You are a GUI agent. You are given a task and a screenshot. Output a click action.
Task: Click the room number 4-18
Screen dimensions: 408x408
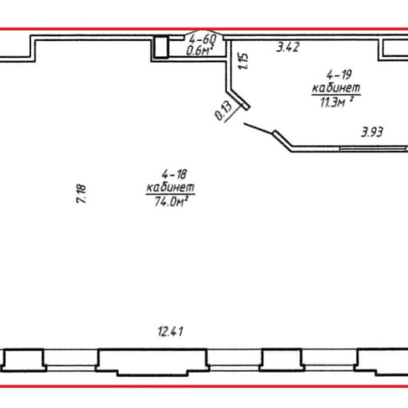[175, 174]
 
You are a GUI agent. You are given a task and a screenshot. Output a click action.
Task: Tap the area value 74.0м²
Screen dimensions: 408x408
[171, 201]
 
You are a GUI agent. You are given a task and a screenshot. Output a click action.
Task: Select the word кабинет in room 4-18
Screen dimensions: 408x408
[170, 187]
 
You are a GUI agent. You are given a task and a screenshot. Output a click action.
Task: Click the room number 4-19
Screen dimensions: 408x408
[339, 75]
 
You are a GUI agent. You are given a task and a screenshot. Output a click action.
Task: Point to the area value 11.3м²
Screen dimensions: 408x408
[337, 102]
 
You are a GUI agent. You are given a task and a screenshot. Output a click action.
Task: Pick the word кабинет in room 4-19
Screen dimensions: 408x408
[336, 88]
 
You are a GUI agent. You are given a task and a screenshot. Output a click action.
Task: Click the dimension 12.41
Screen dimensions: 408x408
[170, 332]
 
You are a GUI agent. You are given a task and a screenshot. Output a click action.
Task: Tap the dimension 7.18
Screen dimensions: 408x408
[82, 193]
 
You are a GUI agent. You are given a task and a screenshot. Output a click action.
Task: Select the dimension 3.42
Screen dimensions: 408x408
[288, 47]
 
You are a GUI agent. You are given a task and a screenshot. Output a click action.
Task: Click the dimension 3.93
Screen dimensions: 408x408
[373, 132]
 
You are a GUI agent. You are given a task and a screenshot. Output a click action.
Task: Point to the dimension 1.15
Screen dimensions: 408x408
[244, 61]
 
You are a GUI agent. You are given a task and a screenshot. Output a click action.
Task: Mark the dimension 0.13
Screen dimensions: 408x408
[224, 111]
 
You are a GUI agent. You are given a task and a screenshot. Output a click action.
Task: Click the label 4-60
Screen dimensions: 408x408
[203, 38]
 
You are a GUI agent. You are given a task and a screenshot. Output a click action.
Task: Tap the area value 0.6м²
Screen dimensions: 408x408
[200, 51]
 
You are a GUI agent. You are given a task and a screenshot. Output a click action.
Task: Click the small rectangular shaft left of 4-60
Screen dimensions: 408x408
[161, 46]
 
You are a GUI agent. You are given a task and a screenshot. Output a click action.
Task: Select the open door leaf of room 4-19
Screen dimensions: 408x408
[258, 129]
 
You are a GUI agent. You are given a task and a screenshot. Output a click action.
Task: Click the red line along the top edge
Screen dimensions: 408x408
[204, 29]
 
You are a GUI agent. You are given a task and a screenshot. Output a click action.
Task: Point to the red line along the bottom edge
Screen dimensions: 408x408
[204, 386]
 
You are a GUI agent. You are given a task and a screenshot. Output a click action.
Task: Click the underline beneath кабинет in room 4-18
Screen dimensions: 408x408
[170, 194]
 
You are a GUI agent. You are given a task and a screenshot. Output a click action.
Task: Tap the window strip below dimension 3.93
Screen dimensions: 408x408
[373, 148]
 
